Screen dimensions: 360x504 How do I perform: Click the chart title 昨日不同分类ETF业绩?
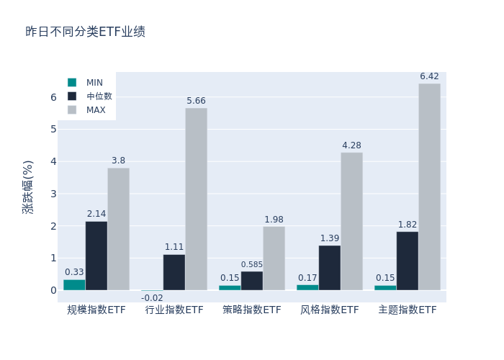coord(85,32)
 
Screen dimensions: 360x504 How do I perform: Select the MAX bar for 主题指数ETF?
coord(429,187)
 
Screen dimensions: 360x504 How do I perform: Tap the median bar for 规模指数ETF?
coord(96,256)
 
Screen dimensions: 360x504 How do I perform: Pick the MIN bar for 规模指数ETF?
coord(74,284)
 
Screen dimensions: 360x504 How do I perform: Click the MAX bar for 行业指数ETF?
coord(196,199)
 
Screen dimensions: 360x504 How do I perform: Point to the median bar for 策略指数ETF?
coord(252,281)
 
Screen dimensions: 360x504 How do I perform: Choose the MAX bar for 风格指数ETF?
coord(351,221)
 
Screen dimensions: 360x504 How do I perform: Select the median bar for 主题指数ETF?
coord(407,261)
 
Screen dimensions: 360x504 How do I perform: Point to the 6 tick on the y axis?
coord(53,97)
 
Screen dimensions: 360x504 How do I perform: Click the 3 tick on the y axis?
coord(53,194)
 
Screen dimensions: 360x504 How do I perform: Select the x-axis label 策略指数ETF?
coord(252,310)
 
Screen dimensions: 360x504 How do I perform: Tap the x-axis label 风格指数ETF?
coord(330,310)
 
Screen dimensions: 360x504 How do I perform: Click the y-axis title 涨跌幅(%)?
coord(27,187)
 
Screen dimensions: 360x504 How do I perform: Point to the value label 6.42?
coord(429,76)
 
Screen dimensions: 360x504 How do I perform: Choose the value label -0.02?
coord(152,298)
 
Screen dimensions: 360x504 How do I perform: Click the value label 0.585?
coord(252,265)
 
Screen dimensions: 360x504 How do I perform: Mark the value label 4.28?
coord(351,145)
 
